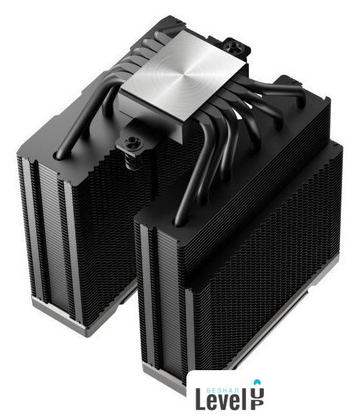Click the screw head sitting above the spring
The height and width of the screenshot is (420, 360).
click(x=132, y=141)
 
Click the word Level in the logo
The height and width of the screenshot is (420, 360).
click(x=218, y=399)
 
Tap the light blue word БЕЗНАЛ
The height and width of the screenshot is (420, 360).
click(x=223, y=390)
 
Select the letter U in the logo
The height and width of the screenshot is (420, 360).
click(x=258, y=392)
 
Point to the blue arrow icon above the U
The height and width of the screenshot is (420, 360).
click(x=258, y=382)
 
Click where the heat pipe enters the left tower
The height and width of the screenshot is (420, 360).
click(x=60, y=154)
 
